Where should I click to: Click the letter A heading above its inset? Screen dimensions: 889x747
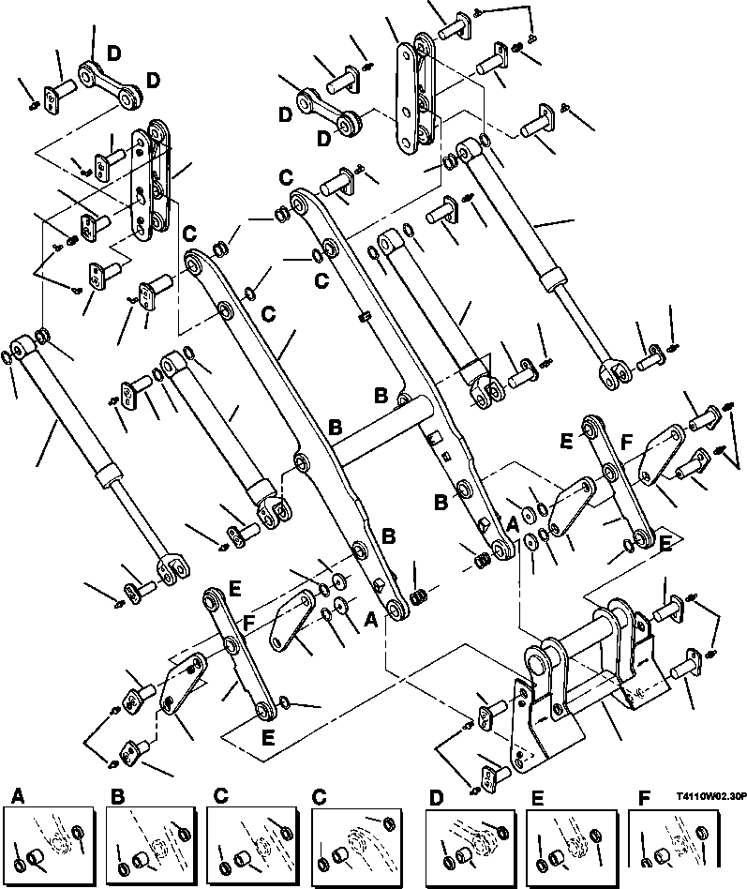[16, 796]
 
